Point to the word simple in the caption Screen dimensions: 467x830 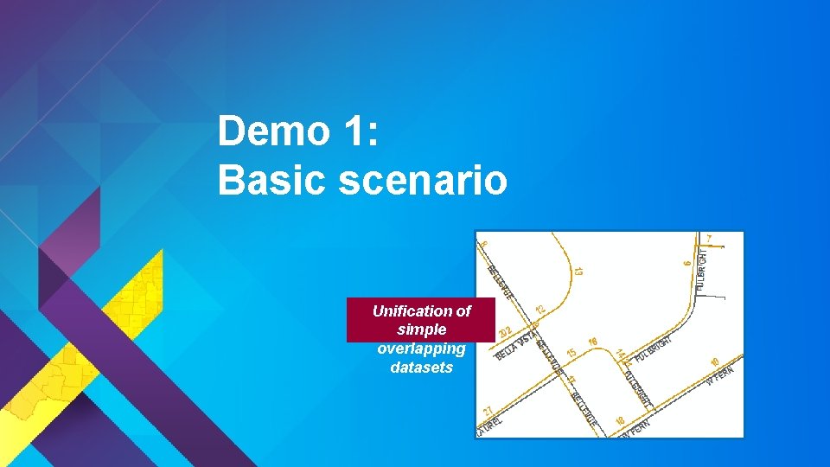point(421,329)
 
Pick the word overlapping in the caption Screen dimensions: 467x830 point(421,349)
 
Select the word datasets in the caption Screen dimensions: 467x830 point(421,368)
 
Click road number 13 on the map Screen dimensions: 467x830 point(577,271)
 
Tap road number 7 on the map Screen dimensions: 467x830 point(710,238)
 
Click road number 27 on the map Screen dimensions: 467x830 point(488,411)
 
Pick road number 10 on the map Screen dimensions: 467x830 point(714,361)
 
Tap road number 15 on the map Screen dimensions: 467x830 point(571,354)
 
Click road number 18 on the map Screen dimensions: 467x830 point(620,420)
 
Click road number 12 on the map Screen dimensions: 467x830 point(540,309)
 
